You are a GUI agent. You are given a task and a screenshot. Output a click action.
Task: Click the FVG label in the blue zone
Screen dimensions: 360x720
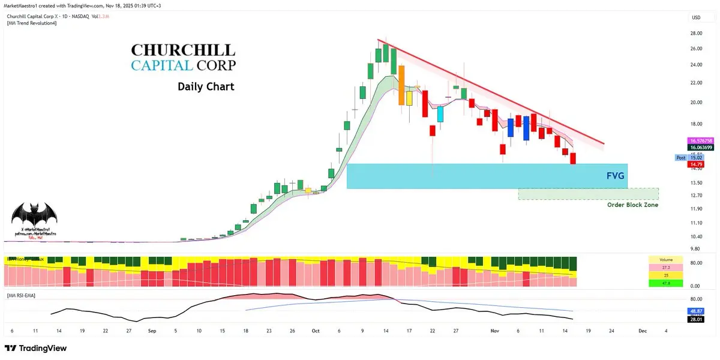tap(616, 176)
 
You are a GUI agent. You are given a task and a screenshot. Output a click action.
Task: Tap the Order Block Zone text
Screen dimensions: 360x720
tap(632, 205)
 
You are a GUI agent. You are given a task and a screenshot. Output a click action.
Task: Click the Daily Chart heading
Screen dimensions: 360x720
tap(206, 87)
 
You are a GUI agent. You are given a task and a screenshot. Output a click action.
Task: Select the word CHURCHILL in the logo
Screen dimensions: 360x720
tap(183, 50)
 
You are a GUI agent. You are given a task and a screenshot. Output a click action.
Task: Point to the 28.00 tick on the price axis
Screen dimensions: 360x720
tap(696, 34)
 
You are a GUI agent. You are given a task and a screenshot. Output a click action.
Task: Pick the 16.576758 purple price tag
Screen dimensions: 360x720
tap(700, 140)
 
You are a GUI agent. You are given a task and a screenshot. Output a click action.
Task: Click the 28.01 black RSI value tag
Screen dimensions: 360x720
tap(696, 320)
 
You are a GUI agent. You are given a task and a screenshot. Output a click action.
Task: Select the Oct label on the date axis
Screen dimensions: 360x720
tap(316, 331)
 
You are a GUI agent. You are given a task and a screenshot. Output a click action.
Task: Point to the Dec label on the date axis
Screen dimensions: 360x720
tap(642, 331)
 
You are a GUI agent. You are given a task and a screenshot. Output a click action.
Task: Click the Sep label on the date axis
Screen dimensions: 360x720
tap(152, 331)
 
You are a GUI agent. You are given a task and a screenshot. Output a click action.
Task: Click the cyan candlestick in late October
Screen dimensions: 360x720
tap(440, 114)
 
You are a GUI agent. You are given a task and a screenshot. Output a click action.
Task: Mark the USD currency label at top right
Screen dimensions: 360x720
tap(696, 17)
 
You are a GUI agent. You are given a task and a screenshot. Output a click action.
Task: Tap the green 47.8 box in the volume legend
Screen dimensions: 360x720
tap(666, 283)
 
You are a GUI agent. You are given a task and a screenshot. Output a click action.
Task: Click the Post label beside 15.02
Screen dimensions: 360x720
tap(680, 158)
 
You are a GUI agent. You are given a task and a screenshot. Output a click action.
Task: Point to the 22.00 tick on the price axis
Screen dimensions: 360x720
tap(696, 82)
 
